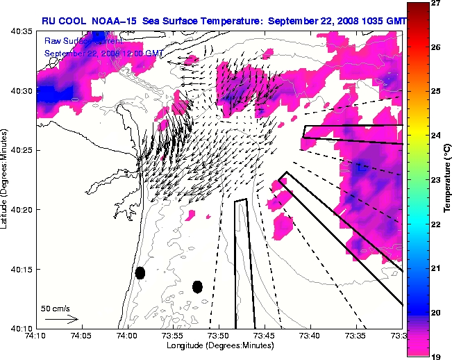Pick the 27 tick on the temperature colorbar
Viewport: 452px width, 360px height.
(438, 3)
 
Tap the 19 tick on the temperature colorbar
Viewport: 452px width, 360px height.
(438, 355)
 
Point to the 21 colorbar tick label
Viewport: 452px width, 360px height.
(438, 268)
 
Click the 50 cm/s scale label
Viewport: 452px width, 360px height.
(54, 308)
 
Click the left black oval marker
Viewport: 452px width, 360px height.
(140, 272)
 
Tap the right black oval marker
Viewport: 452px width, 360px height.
(197, 286)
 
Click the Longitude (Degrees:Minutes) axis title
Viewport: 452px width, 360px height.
(218, 345)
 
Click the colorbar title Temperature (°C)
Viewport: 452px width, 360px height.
(449, 179)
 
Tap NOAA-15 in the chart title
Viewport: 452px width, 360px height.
(112, 22)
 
